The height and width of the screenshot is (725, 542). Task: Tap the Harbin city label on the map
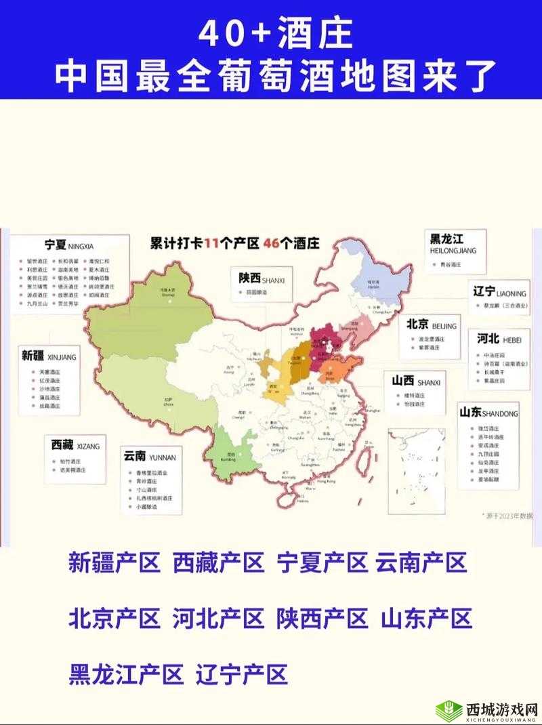point(373,286)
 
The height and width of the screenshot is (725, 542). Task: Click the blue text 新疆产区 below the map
point(114,562)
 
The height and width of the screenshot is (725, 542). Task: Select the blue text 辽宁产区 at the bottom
point(242,675)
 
